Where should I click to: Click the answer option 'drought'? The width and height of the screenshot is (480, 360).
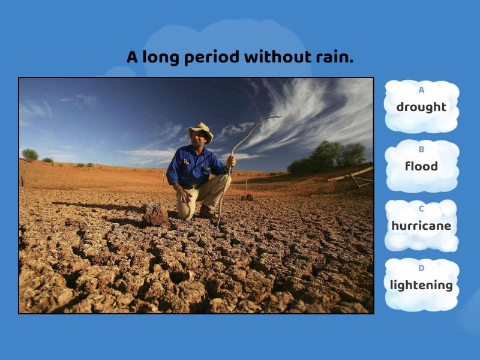[x=421, y=107]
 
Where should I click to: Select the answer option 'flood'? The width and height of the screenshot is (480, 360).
[x=421, y=166]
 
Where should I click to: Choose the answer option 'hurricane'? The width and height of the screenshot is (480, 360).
[x=421, y=226]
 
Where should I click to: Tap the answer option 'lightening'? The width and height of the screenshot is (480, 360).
[x=421, y=285]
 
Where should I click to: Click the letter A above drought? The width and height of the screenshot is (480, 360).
[x=421, y=90]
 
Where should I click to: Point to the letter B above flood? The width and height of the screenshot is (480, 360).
[x=421, y=149]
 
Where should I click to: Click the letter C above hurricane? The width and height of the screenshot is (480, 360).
[x=421, y=209]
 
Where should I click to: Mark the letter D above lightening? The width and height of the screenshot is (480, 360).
[x=421, y=268]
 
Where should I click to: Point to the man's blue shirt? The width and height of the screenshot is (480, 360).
[x=192, y=165]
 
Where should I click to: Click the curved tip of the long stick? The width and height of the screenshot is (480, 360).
[x=277, y=117]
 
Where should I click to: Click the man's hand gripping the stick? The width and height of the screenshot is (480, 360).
[x=231, y=161]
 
